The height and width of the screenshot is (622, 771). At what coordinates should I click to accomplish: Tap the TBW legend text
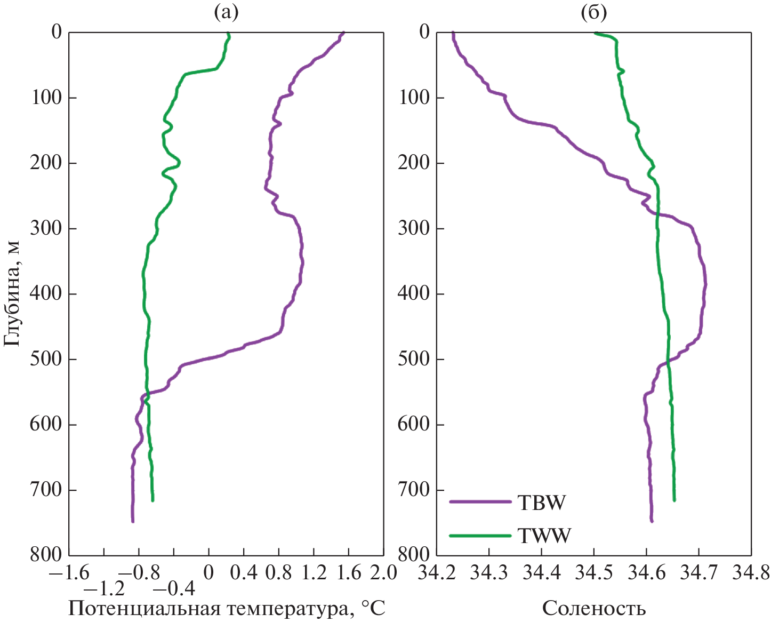[x=541, y=503]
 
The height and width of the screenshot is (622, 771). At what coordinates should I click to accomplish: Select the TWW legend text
[x=544, y=535]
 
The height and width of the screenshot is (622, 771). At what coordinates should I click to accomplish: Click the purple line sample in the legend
[x=480, y=502]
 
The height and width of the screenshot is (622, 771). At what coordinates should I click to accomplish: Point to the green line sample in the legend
[x=480, y=535]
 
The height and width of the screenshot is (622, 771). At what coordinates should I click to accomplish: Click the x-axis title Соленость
[x=594, y=608]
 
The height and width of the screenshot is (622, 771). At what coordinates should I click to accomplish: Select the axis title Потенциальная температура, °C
[x=227, y=608]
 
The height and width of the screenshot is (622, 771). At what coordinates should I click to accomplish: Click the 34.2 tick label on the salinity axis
[x=437, y=573]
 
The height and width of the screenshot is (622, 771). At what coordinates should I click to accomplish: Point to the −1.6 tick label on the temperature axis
[x=69, y=573]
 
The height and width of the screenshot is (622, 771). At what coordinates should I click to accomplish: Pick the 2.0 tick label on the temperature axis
[x=383, y=573]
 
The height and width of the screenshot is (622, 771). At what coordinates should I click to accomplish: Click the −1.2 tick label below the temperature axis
[x=105, y=589]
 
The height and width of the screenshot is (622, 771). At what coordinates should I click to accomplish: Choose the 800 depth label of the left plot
[x=46, y=555]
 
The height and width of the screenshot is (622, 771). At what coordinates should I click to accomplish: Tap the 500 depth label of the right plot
[x=414, y=359]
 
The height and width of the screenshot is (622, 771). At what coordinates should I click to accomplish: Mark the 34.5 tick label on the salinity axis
[x=594, y=573]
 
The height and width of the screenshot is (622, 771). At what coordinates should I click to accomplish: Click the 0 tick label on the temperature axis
[x=208, y=573]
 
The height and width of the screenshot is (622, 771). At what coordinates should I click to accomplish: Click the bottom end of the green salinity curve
[x=674, y=500]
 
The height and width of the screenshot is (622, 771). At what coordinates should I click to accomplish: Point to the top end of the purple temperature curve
[x=343, y=33]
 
